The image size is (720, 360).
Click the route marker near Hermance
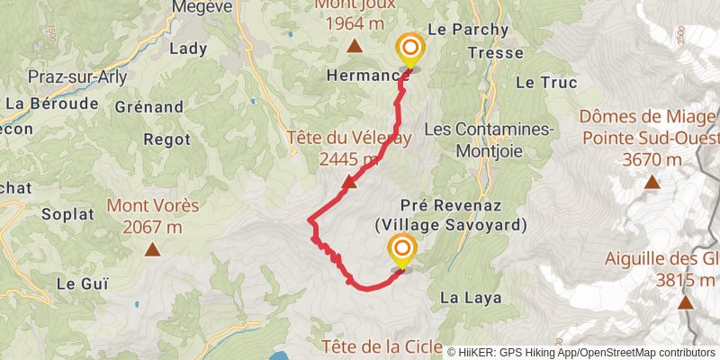[x=410, y=49]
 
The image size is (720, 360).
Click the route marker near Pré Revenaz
[x=401, y=249]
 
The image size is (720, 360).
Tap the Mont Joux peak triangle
[x=355, y=46]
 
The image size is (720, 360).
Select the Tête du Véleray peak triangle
[x=349, y=184]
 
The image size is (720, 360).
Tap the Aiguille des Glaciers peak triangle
[x=686, y=301]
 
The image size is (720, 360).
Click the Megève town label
[x=202, y=7]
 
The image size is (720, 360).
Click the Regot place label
[x=166, y=139]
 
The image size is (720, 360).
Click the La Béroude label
[x=52, y=103]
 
